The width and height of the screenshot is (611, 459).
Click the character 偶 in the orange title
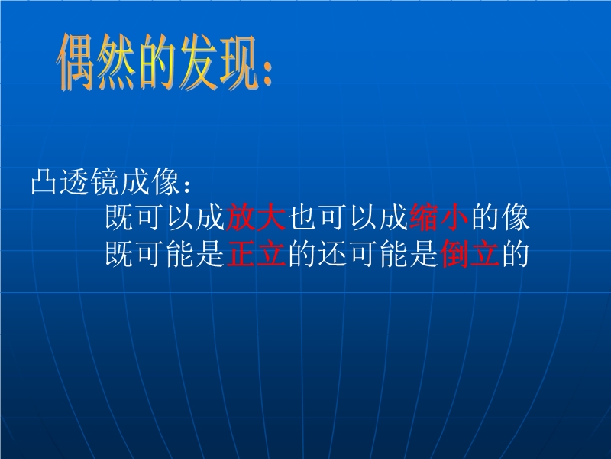tap(77, 62)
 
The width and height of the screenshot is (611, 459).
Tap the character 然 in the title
tap(117, 62)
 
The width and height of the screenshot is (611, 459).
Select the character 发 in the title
tap(198, 62)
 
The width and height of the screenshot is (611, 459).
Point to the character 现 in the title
tap(238, 62)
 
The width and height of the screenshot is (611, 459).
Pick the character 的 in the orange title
tap(157, 62)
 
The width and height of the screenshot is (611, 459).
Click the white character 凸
tap(44, 181)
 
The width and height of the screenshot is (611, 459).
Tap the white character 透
tap(74, 181)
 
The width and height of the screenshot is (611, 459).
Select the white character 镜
tap(104, 181)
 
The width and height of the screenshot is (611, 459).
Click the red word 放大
tap(256, 216)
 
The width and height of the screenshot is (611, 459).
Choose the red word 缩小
tap(438, 216)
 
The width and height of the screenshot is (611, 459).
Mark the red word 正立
tap(257, 254)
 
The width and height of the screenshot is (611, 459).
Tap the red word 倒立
tap(470, 254)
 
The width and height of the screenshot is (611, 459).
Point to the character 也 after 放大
tap(302, 216)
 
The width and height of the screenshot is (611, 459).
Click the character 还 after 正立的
tap(333, 254)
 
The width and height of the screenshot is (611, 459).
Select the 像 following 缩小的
tap(516, 216)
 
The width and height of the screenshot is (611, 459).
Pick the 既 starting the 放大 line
tap(120, 216)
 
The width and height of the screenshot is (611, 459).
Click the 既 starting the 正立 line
tap(120, 254)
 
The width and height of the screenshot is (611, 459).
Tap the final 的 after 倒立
tap(515, 254)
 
